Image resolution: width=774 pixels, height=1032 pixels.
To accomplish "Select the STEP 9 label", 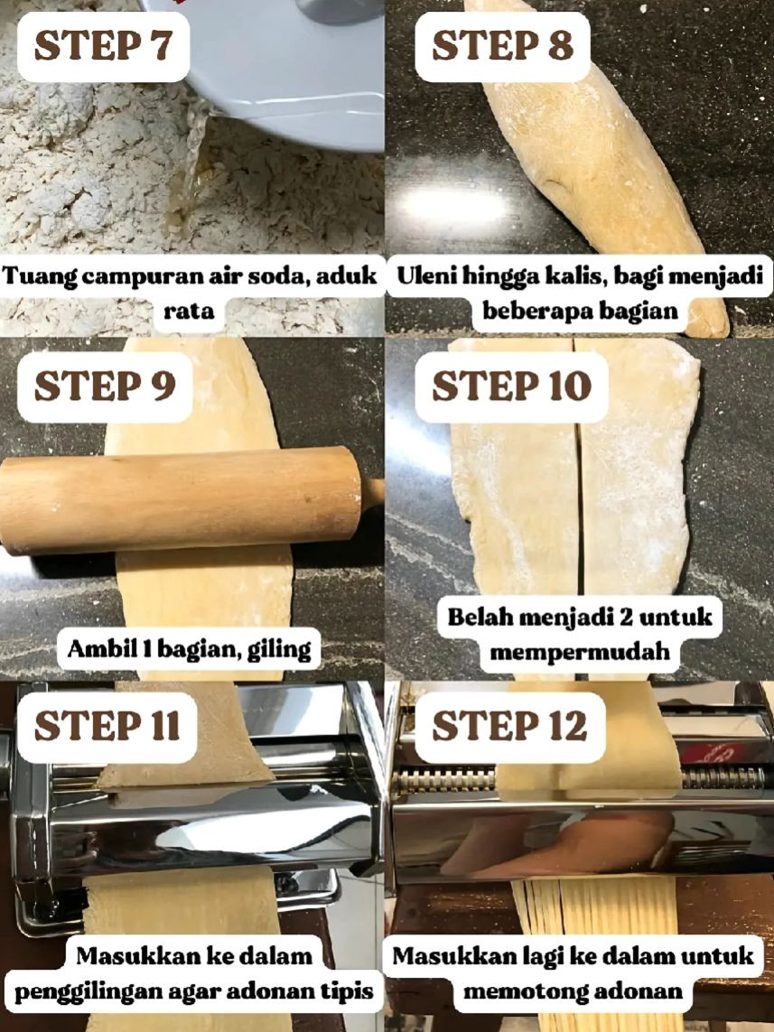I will pos(104,386).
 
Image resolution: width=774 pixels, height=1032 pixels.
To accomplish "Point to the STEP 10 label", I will pos(511,386).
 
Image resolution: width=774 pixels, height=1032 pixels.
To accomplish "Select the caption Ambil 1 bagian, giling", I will pos(189,648).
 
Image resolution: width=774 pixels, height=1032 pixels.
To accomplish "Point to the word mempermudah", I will pos(581,651).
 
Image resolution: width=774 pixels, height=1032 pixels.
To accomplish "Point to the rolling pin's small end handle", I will pos(372,493).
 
